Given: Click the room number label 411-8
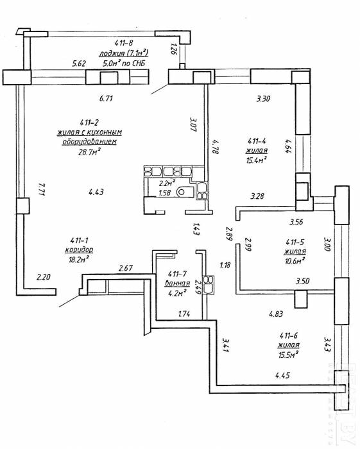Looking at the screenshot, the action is tap(124, 43).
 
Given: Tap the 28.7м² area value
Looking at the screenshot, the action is tap(90, 151).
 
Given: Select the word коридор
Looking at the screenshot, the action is tap(79, 250).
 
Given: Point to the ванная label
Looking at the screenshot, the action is tap(177, 284).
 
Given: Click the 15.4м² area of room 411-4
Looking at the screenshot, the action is tap(257, 160).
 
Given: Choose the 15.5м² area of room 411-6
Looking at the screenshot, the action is tap(288, 355).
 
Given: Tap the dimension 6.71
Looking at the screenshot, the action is tap(106, 99).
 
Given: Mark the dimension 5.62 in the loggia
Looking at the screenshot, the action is tap(79, 64).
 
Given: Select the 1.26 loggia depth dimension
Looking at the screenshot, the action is tap(174, 49).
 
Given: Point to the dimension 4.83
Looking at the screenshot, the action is tap(276, 314).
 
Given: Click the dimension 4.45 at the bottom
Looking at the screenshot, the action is tap(282, 375).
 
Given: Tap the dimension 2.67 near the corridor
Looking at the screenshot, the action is tap(126, 268).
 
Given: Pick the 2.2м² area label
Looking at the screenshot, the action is tap(167, 183).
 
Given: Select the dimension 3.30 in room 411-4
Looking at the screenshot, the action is tap(263, 99).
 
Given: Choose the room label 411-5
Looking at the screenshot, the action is tap(295, 242).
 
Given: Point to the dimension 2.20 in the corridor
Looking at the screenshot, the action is tap(44, 277).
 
